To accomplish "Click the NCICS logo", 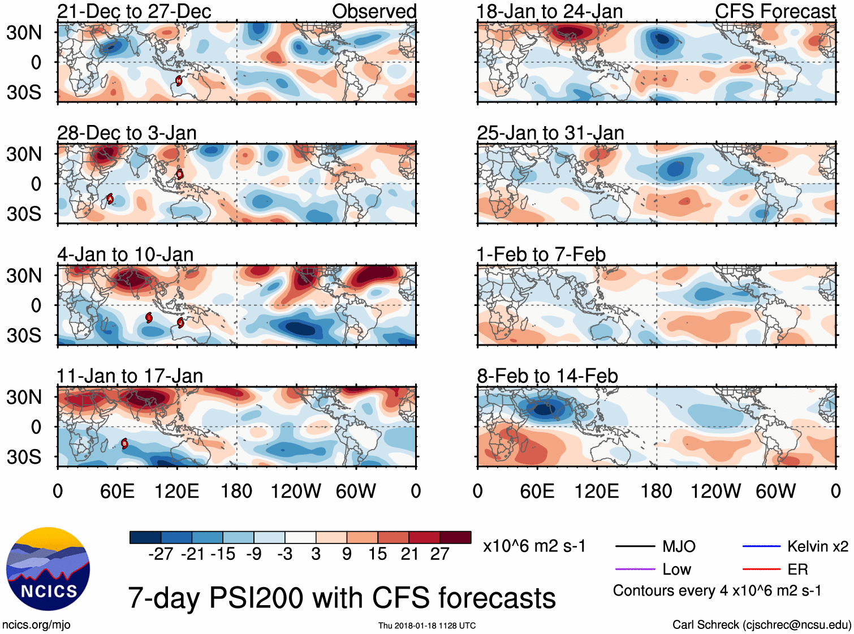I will click(x=48, y=569).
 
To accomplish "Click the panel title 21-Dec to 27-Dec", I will click(x=134, y=11).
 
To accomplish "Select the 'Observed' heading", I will click(x=374, y=11).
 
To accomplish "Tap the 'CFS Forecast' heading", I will click(x=775, y=11).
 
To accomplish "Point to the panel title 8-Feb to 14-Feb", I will click(x=547, y=376).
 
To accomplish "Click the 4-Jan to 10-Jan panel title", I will click(x=125, y=255).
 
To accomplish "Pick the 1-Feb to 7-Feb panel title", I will click(x=541, y=255).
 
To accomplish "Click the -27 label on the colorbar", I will click(x=161, y=554).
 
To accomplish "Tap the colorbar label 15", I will click(x=378, y=554).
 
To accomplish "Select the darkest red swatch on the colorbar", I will click(x=455, y=537).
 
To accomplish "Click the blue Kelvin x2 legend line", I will click(x=761, y=546).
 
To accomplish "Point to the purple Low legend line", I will click(x=635, y=569).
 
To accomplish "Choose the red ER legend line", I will click(x=761, y=569).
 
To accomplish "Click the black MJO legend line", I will click(x=635, y=546).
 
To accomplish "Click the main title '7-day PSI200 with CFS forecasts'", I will click(x=342, y=598).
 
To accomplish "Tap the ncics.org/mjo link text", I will click(x=36, y=625).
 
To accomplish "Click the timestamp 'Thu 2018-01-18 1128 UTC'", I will click(x=427, y=626).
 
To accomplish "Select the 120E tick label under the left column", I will click(x=176, y=491).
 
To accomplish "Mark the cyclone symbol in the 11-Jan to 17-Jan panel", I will click(x=124, y=443).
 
